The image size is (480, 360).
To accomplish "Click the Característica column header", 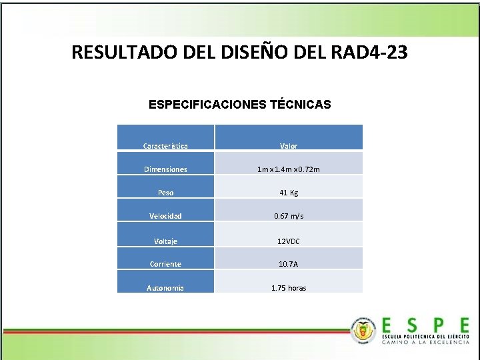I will point(165,145).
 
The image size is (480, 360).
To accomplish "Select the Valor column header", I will point(289,145).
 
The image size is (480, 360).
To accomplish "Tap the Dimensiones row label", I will point(165,169).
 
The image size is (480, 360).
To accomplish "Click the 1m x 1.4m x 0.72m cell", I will point(289,169).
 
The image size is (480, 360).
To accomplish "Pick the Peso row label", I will point(165,193).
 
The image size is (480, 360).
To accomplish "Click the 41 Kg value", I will point(289,193).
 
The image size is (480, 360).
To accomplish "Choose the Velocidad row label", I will point(165,216).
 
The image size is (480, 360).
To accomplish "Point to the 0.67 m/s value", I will point(289,216).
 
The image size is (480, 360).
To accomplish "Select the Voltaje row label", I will point(165,241).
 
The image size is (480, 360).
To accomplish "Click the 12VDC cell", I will point(289,241).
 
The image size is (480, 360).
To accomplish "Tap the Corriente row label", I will point(165,264).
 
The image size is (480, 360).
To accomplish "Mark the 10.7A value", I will point(289,264).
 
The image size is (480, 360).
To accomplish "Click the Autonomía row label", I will point(165,288).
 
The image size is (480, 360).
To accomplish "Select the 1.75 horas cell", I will point(289,288).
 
